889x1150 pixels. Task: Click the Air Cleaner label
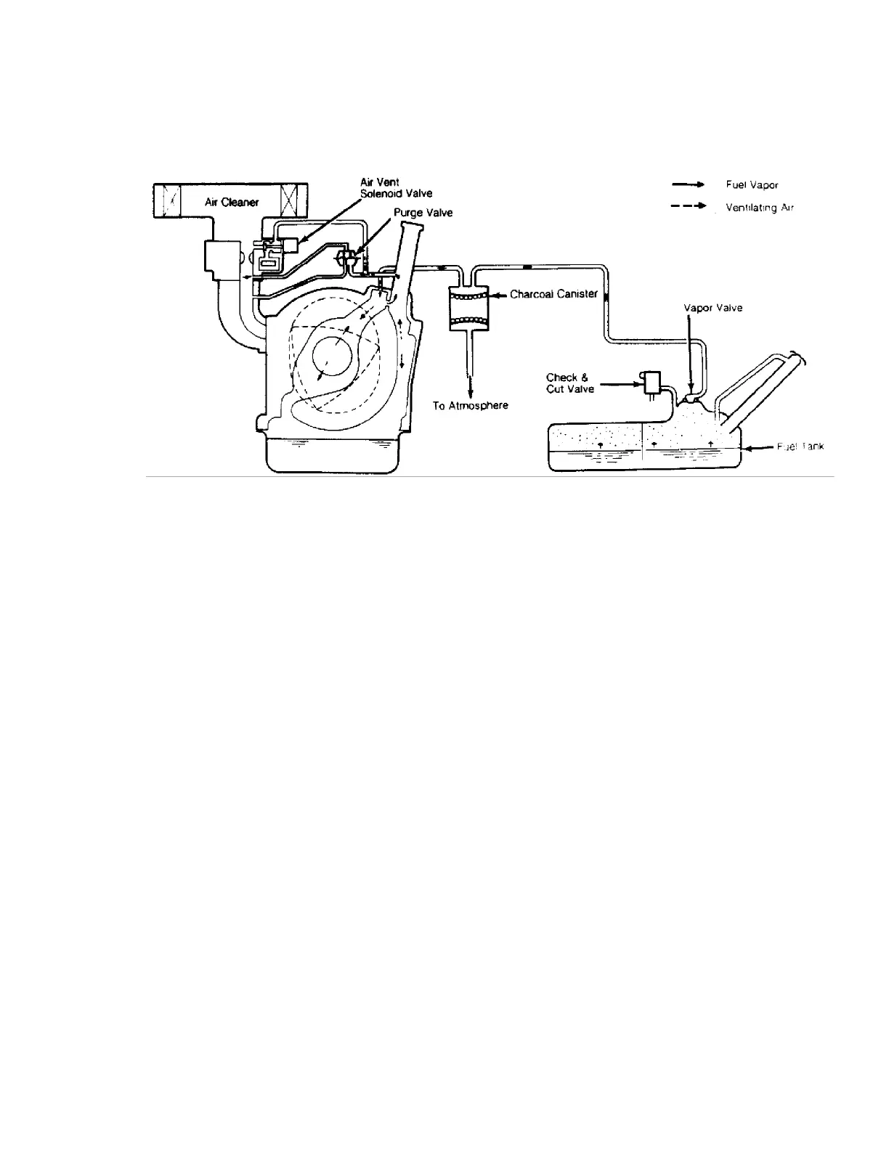click(x=230, y=202)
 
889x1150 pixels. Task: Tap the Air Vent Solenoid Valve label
click(x=396, y=189)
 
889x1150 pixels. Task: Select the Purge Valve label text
click(x=423, y=213)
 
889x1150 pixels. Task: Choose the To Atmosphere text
click(x=471, y=406)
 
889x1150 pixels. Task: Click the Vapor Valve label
click(x=713, y=308)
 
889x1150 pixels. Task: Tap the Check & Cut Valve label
click(x=570, y=383)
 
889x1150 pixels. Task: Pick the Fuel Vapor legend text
click(x=752, y=185)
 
